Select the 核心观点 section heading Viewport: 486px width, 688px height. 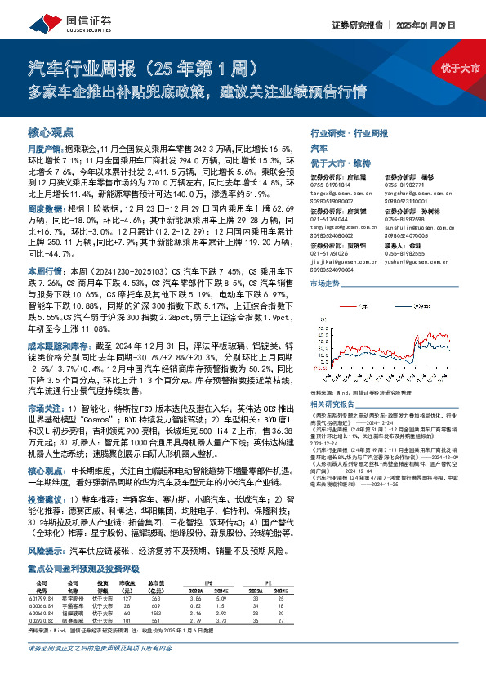[x=51, y=131]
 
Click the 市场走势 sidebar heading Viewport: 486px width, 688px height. [x=325, y=283]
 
